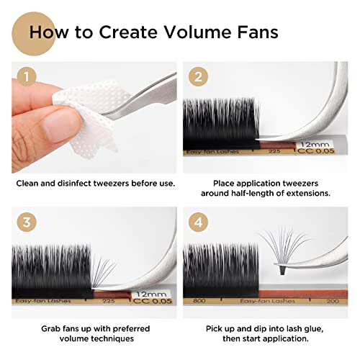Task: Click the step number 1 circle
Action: [27, 77]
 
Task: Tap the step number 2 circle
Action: [198, 77]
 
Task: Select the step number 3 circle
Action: [27, 222]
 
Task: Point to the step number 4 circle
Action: [198, 222]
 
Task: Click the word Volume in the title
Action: [195, 32]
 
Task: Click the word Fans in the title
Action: [258, 32]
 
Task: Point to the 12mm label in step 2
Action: [315, 145]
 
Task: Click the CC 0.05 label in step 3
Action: [153, 301]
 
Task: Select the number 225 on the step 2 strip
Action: [274, 151]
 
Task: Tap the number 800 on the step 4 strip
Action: [199, 301]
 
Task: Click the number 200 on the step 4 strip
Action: [333, 301]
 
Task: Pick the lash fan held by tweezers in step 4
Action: [284, 251]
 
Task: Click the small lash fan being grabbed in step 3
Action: [102, 271]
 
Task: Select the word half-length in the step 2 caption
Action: [252, 193]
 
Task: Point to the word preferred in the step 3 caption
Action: [132, 329]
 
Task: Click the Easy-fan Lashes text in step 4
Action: [267, 301]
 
